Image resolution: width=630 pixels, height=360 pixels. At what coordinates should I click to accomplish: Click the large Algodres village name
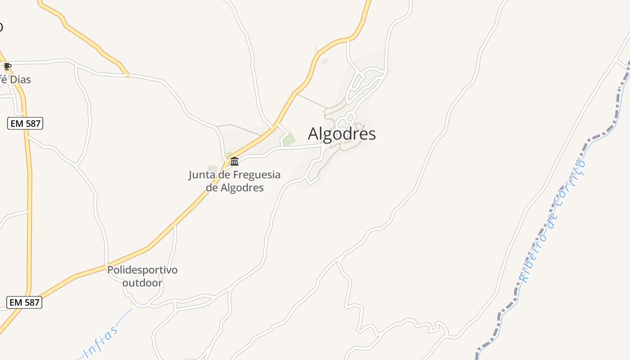pyautogui.click(x=342, y=134)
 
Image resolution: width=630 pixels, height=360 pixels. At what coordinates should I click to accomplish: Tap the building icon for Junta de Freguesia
pyautogui.click(x=234, y=161)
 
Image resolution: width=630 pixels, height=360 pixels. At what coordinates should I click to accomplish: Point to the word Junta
pyautogui.click(x=201, y=175)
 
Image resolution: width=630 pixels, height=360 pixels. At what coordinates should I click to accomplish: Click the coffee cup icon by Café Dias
pyautogui.click(x=7, y=67)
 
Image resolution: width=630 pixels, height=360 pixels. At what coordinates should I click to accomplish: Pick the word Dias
pyautogui.click(x=20, y=80)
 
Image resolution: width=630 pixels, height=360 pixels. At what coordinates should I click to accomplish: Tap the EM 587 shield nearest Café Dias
pyautogui.click(x=25, y=123)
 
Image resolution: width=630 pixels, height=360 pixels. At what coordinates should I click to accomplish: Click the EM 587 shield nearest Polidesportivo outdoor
pyautogui.click(x=25, y=302)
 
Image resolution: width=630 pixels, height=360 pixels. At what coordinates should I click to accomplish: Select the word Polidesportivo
pyautogui.click(x=142, y=270)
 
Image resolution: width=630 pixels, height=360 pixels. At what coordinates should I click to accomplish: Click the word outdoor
pyautogui.click(x=142, y=283)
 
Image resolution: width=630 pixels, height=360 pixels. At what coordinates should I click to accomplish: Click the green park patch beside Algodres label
pyautogui.click(x=289, y=139)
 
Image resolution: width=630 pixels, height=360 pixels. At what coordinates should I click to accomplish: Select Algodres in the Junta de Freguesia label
pyautogui.click(x=242, y=187)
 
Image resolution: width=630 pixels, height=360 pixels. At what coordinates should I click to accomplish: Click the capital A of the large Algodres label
pyautogui.click(x=314, y=134)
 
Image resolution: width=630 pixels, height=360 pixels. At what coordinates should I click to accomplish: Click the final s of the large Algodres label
pyautogui.click(x=372, y=135)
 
